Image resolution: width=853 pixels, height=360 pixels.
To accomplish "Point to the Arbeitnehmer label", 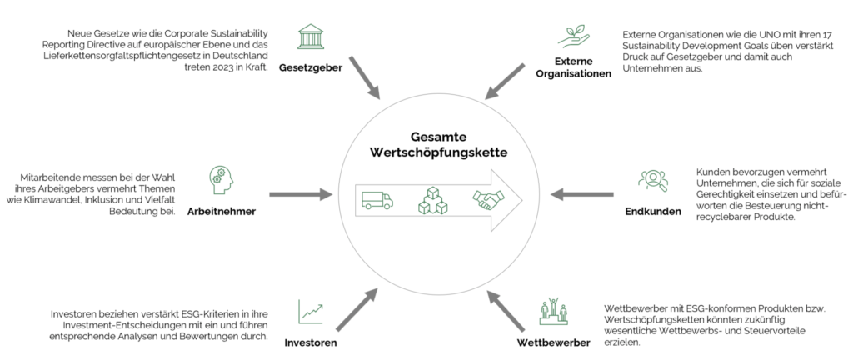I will coord(221,211).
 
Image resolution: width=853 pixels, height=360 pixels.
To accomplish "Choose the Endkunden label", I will coord(652,211).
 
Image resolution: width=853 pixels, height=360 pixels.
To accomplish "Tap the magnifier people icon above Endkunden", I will coord(652,179).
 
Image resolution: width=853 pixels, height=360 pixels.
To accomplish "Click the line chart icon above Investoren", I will coord(310,312).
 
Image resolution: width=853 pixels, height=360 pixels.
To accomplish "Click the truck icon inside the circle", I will coord(377,200).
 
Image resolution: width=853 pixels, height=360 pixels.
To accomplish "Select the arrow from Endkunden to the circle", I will coord(582,195).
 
